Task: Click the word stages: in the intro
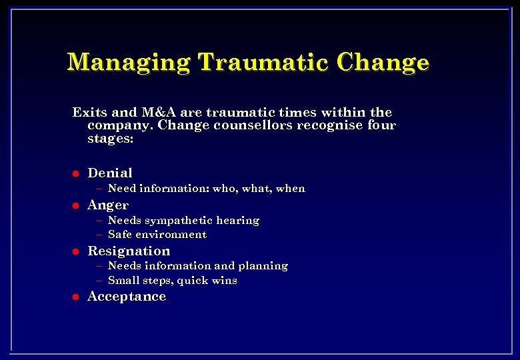(110, 139)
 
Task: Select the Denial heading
(110, 173)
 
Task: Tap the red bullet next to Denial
(76, 173)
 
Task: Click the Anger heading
(108, 205)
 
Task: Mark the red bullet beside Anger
(76, 205)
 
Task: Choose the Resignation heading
(129, 251)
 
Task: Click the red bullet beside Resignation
(76, 251)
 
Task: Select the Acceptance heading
(127, 297)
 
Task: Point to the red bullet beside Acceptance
(76, 297)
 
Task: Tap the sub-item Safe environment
(157, 235)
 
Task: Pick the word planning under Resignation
(265, 266)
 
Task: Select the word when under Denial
(291, 189)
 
